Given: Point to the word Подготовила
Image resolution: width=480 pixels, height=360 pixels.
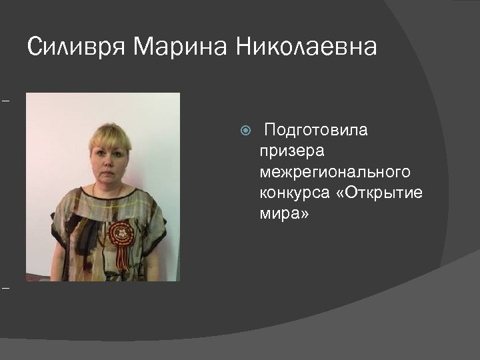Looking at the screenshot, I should (316, 129).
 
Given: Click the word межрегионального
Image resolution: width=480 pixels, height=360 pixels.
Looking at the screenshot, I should (335, 173).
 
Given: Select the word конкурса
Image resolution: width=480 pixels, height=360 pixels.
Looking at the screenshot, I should (294, 194).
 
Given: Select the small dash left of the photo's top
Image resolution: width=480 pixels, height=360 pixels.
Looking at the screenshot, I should (6, 102).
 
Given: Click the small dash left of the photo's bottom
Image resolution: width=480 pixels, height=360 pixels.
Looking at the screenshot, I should (6, 288).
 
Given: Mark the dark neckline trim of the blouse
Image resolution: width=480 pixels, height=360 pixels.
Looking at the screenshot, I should (107, 198).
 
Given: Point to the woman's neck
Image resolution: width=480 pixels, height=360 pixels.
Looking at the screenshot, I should (107, 187).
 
